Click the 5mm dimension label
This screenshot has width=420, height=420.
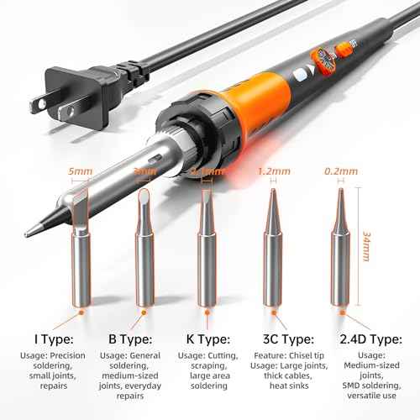(x=81, y=171)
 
